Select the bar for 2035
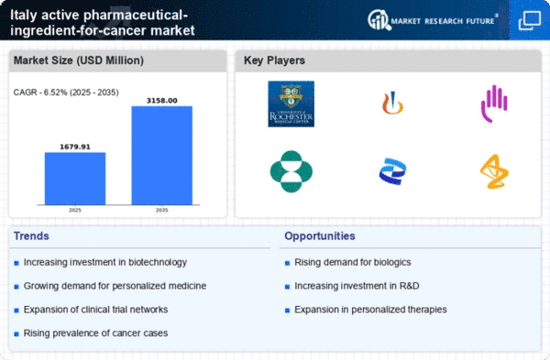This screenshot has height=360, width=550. point(161,155)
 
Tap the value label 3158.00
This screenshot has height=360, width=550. point(161,100)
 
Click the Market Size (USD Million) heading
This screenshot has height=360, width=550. point(77,60)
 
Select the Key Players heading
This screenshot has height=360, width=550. point(274,60)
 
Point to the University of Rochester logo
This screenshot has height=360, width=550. point(291,104)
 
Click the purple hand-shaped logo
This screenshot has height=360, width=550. point(494,103)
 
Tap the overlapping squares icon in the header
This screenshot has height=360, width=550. point(529,19)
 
